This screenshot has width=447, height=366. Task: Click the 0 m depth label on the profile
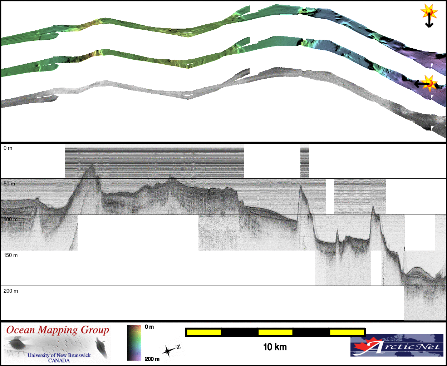8,148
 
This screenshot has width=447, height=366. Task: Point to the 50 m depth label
9,184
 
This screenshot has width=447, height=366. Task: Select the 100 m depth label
11,219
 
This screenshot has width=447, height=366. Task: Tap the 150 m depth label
11,255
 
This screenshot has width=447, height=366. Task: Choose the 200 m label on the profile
11,291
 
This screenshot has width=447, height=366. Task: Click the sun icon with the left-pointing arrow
427,84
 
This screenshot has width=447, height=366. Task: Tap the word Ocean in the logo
20,330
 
